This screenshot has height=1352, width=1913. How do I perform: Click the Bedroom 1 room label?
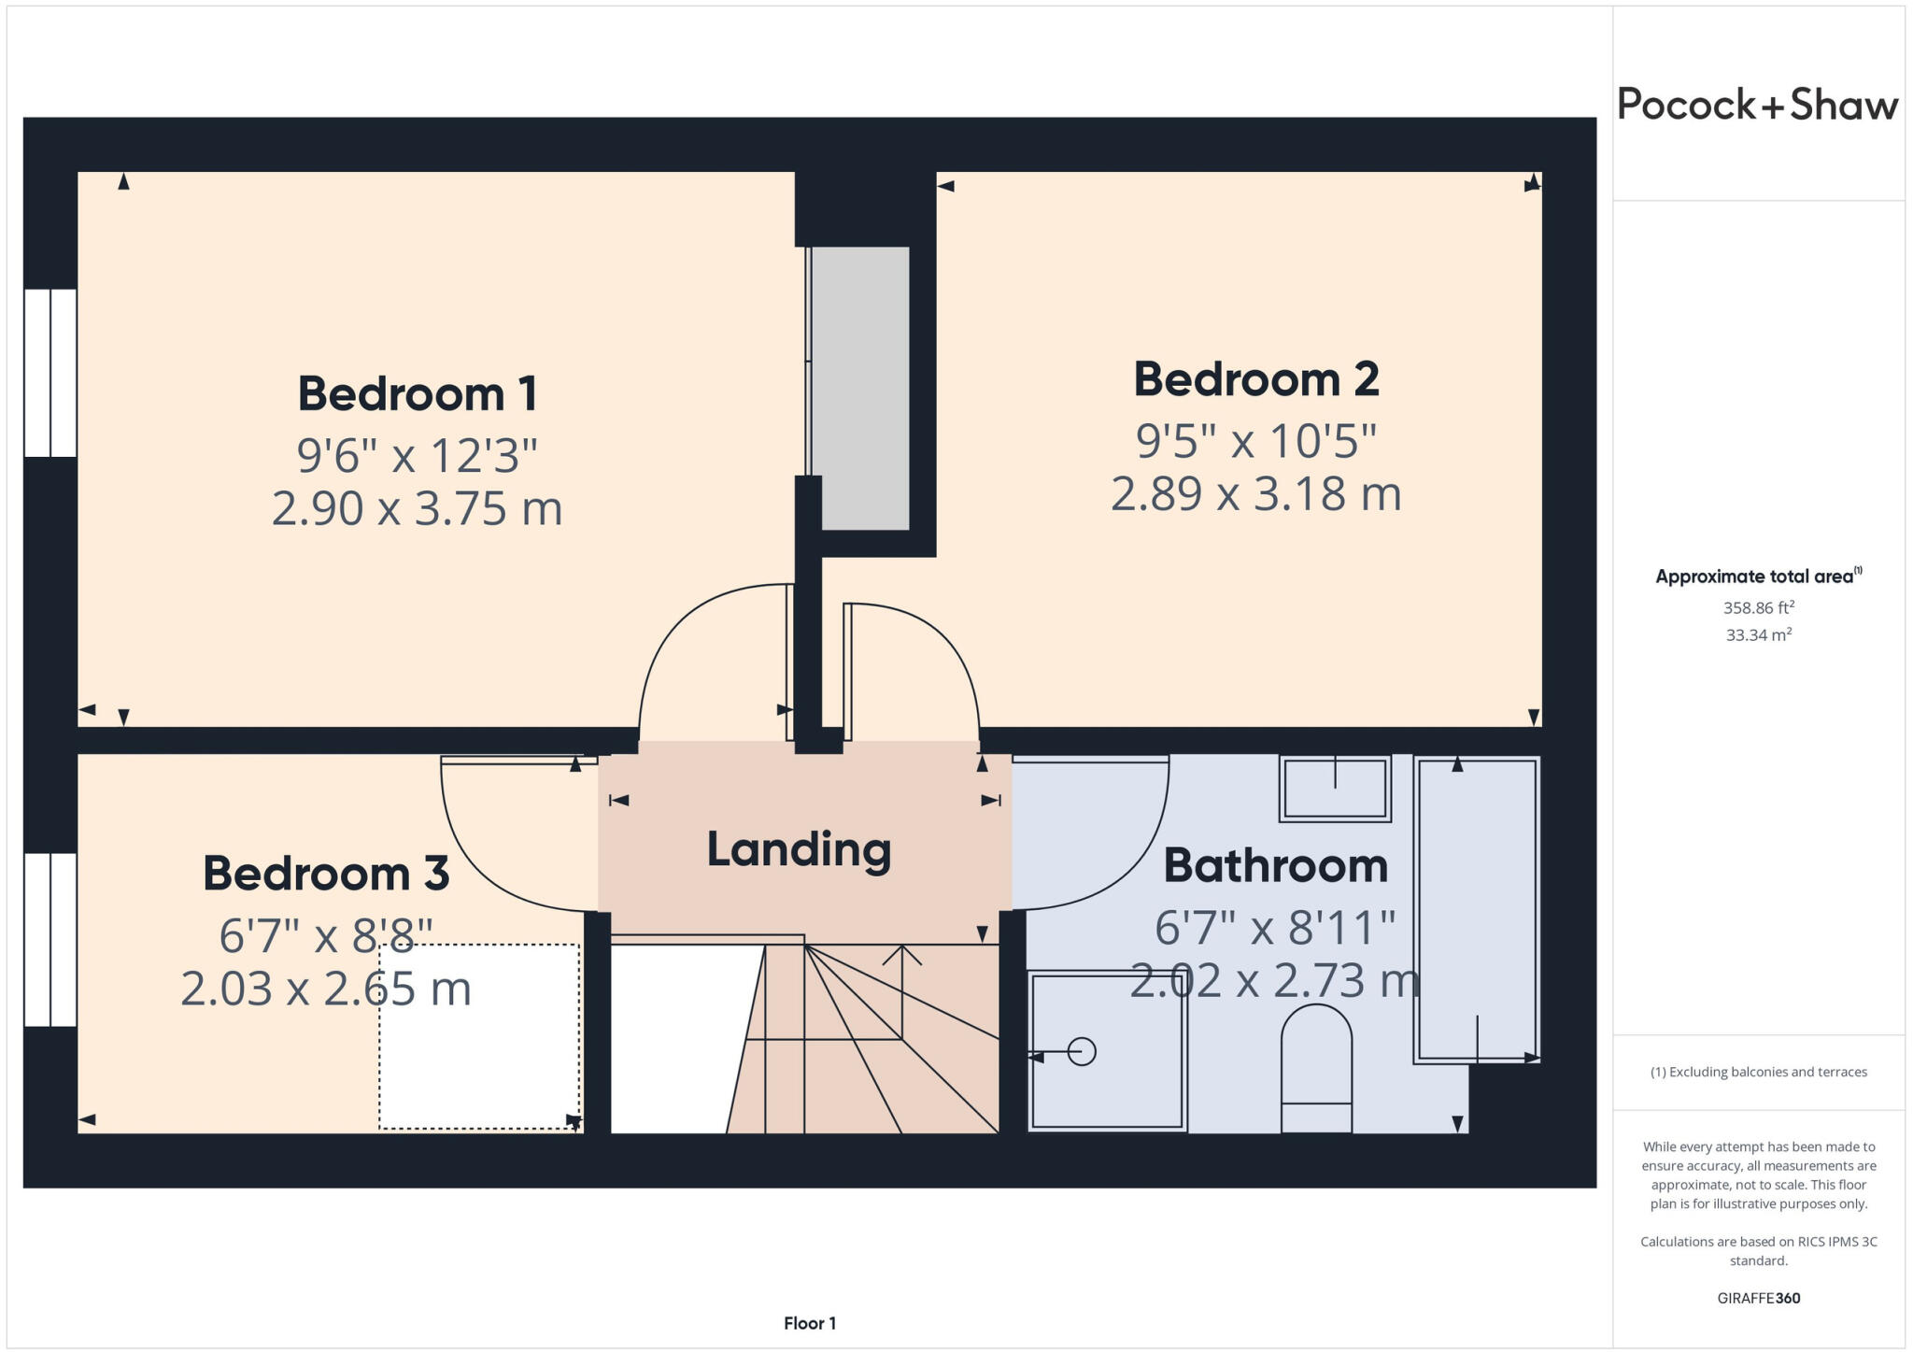point(418,393)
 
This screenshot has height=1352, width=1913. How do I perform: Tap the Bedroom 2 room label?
point(1255,379)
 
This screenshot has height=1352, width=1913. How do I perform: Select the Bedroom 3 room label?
point(326,874)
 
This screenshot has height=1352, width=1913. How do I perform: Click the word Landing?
point(799,849)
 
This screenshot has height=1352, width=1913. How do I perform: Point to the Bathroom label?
point(1275,865)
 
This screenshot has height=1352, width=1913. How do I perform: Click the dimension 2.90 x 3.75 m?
point(418,509)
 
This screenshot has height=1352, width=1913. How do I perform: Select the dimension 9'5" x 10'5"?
point(1255,441)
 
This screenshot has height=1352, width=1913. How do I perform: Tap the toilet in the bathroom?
point(1316,1070)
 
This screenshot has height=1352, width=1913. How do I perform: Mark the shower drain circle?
point(1082,1052)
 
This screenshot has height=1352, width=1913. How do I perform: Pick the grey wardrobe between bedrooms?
point(860,388)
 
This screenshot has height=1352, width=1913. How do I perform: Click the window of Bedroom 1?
point(50,373)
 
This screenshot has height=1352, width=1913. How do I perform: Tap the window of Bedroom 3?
point(50,939)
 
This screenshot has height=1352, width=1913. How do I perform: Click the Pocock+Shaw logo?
point(1757,105)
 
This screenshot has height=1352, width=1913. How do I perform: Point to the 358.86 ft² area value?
point(1758,608)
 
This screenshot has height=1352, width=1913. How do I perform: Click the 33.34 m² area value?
point(1758,635)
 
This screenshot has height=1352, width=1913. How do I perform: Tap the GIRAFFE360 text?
point(1758,1298)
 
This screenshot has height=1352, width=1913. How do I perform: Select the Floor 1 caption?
point(809,1323)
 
